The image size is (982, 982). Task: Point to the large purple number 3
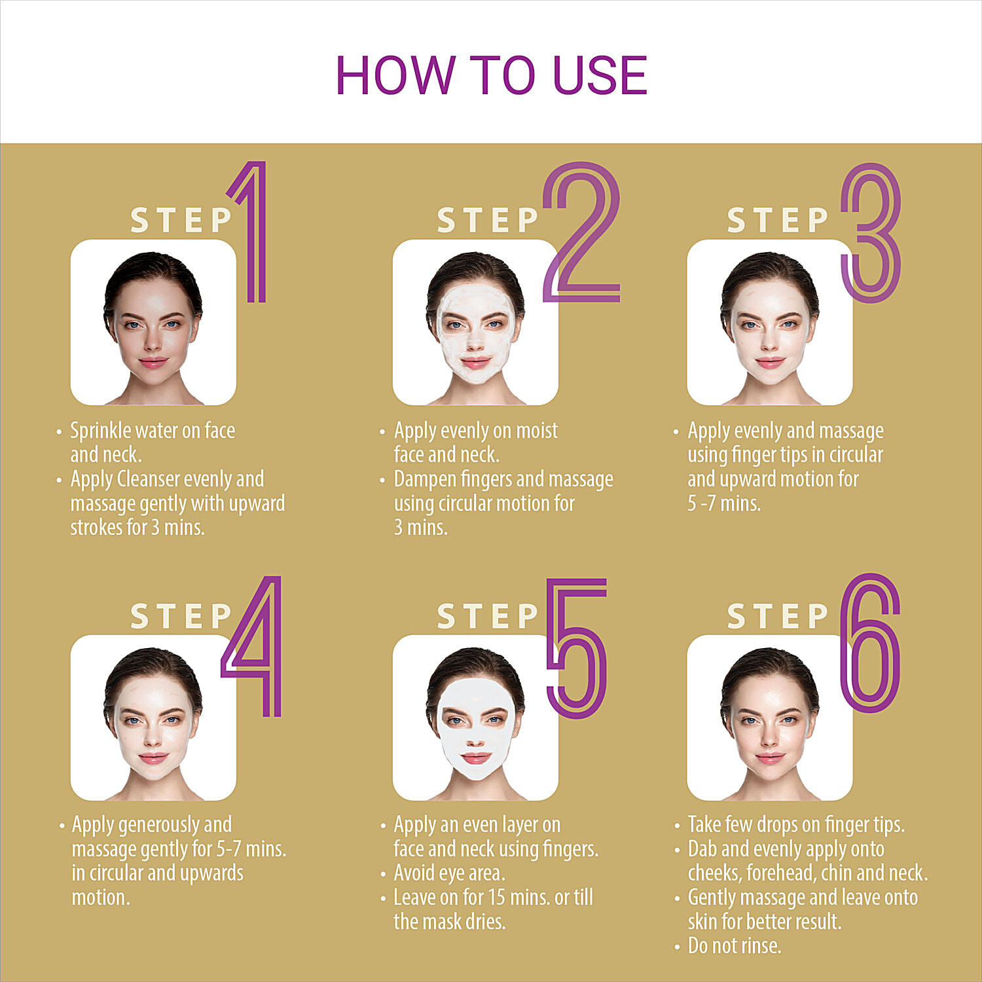click(x=871, y=232)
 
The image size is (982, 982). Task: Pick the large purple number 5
click(x=577, y=648)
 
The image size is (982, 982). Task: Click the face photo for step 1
click(x=153, y=322)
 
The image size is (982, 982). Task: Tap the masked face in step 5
click(x=475, y=718)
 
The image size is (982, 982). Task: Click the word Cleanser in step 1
click(x=148, y=479)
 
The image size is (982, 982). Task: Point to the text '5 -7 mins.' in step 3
click(x=724, y=503)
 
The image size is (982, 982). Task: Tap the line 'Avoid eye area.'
click(x=449, y=873)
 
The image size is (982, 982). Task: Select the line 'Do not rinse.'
click(x=735, y=945)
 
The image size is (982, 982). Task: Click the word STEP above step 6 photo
click(x=778, y=617)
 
